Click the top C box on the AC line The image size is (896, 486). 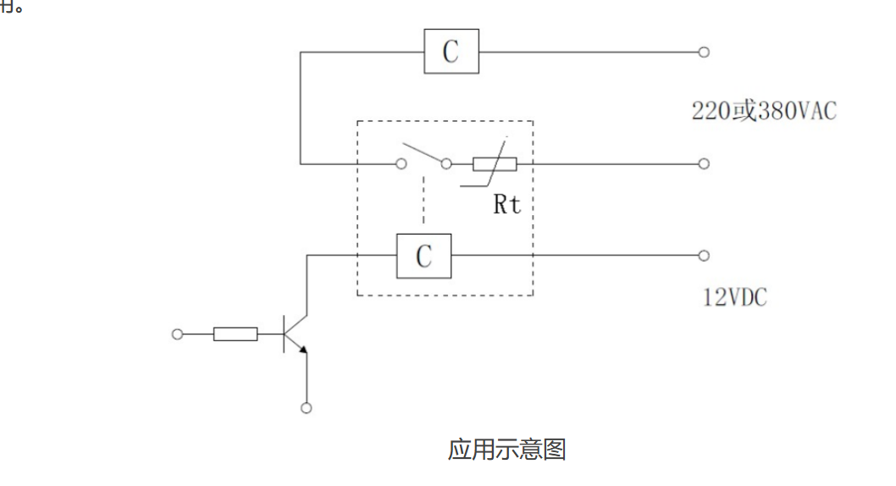click(x=451, y=52)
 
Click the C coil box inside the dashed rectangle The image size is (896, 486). click(x=423, y=255)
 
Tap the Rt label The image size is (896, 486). click(x=507, y=204)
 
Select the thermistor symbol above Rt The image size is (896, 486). click(x=495, y=164)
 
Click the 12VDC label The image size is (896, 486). click(x=735, y=298)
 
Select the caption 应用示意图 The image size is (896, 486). click(x=506, y=449)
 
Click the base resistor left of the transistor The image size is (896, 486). click(x=235, y=334)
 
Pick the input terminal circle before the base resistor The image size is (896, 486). click(x=177, y=334)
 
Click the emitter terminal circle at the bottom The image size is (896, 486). click(x=307, y=407)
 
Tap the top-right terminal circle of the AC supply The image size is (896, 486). click(x=703, y=52)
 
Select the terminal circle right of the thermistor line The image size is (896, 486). click(x=703, y=163)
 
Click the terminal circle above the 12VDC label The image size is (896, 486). click(x=703, y=255)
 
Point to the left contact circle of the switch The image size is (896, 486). click(x=401, y=164)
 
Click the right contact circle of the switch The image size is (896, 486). click(x=445, y=164)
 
